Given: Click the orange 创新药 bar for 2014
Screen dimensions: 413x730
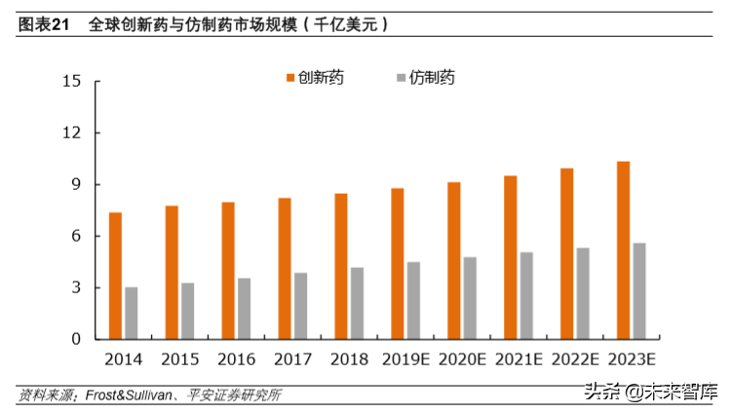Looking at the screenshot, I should [x=115, y=276].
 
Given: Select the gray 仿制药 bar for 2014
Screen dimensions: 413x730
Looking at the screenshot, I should [x=131, y=313].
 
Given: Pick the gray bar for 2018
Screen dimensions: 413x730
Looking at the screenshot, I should [x=357, y=303].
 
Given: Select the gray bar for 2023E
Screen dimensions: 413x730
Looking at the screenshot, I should [x=639, y=291].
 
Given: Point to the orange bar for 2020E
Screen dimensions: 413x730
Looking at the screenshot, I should [x=454, y=260].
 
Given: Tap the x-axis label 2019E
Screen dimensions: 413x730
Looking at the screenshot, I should [x=404, y=359].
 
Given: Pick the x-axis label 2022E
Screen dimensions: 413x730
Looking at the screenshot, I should [x=574, y=359].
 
